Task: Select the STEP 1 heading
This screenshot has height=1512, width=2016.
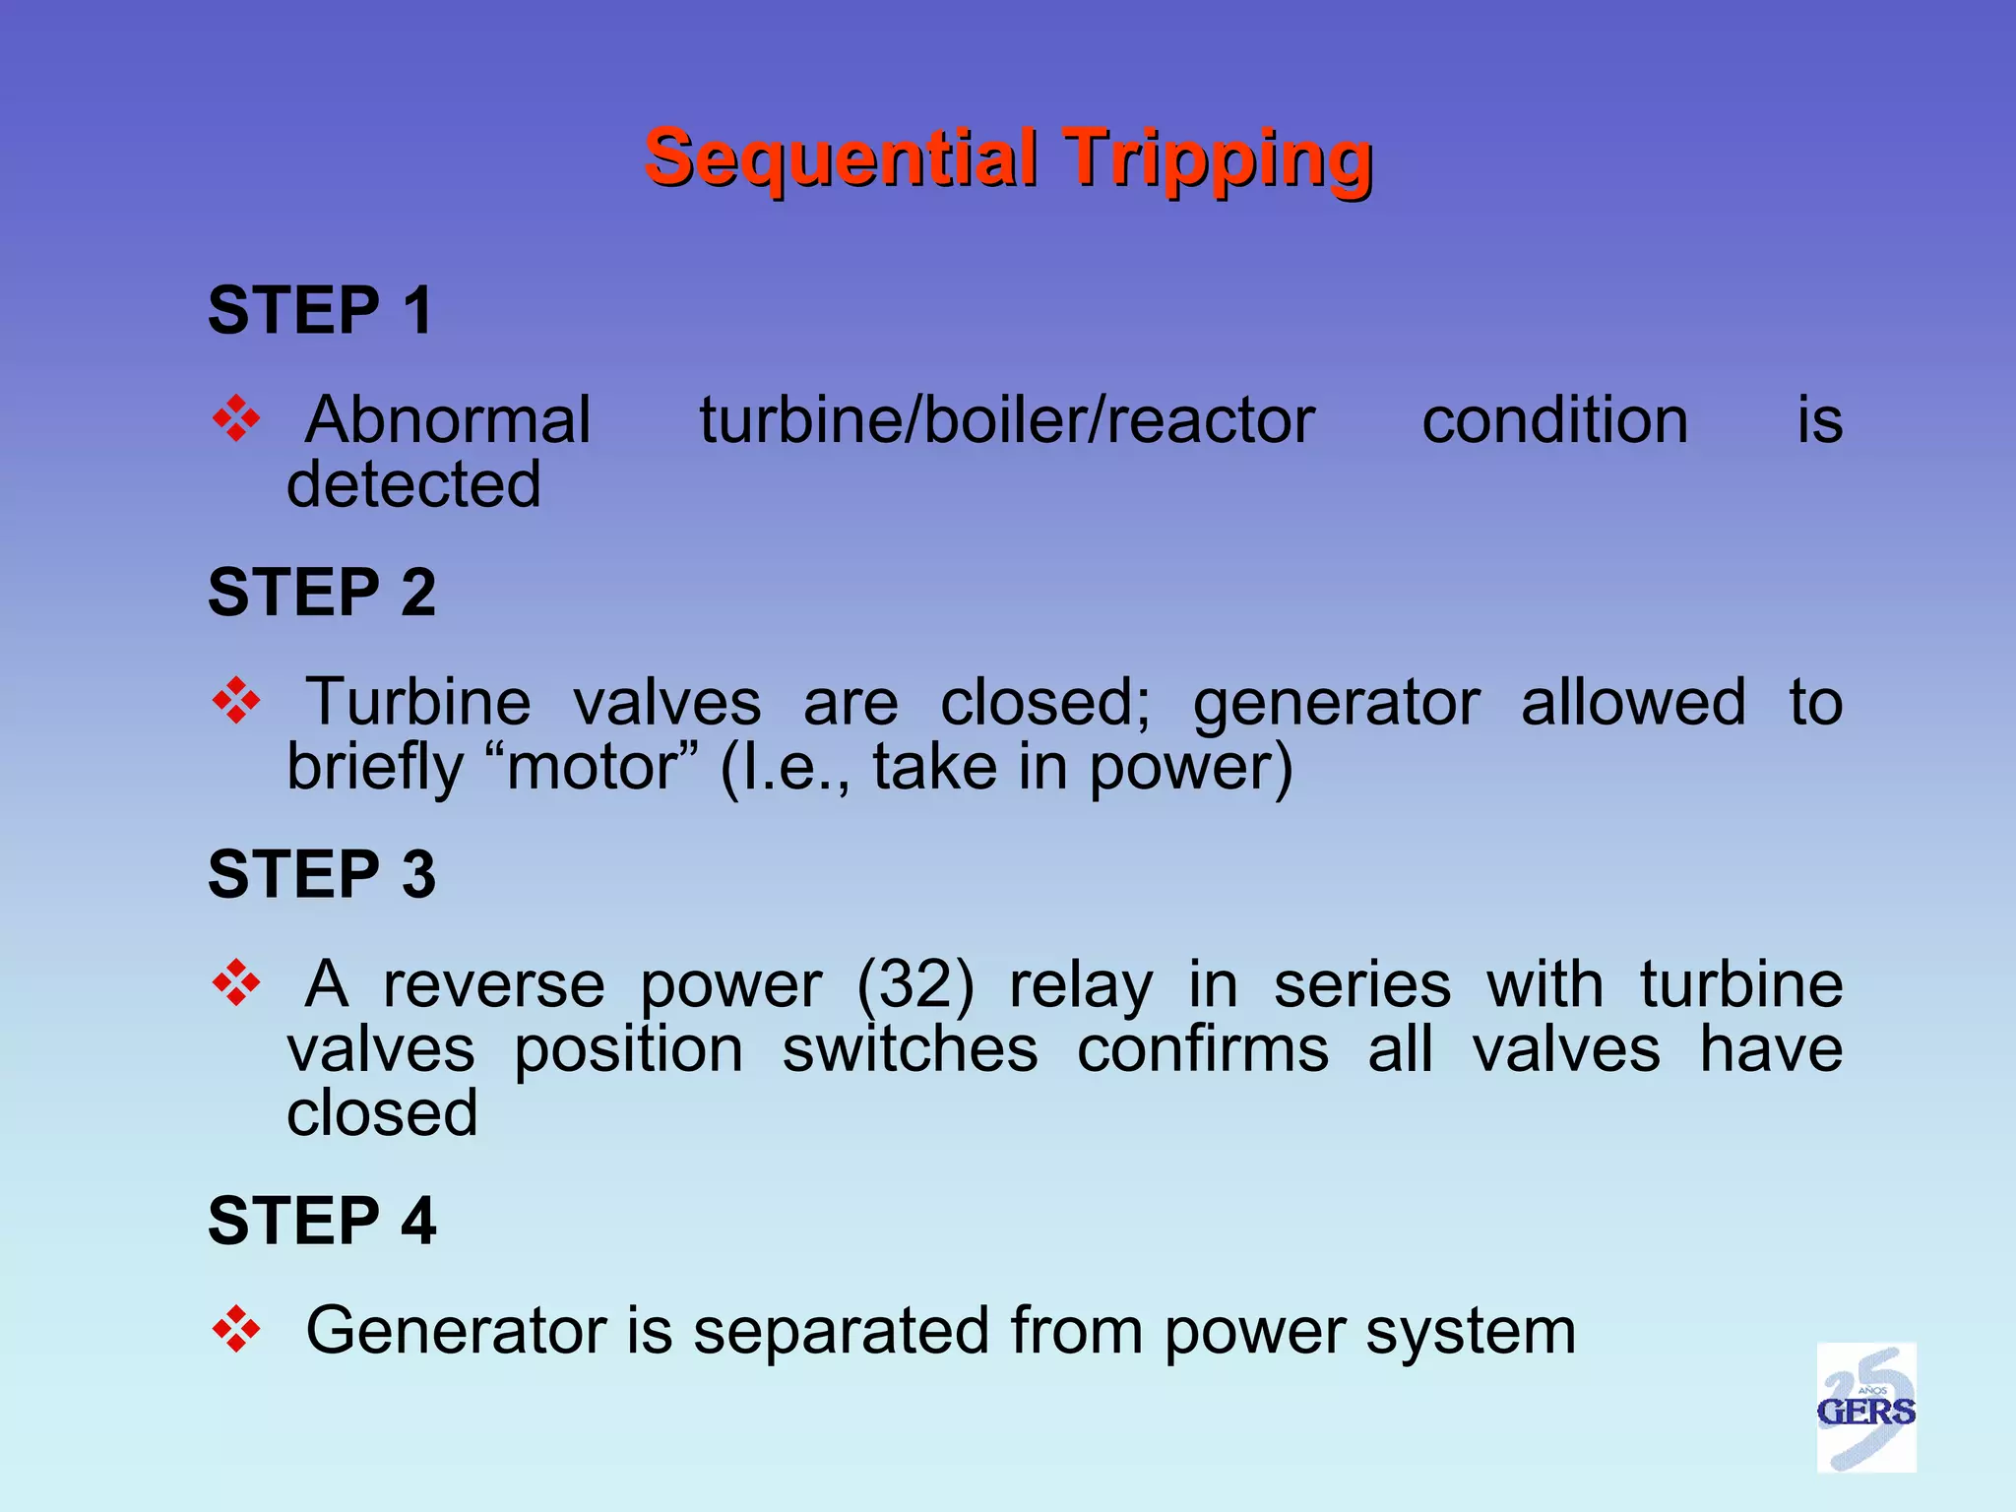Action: pyautogui.click(x=320, y=311)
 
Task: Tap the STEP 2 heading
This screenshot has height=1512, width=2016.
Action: pyautogui.click(x=321, y=593)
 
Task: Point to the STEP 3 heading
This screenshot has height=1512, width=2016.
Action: pyautogui.click(x=321, y=874)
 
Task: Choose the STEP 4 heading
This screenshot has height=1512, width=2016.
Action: pyautogui.click(x=321, y=1221)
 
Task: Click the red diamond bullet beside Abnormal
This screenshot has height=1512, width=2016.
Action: pyautogui.click(x=236, y=419)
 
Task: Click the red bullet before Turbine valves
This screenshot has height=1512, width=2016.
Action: pyautogui.click(x=236, y=701)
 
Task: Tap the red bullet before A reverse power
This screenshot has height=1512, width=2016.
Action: pyautogui.click(x=236, y=982)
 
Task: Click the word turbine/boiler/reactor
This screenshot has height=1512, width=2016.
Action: pyautogui.click(x=1006, y=421)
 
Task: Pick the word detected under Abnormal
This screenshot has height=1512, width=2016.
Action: pyautogui.click(x=413, y=484)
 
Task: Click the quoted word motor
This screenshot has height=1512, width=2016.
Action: pyautogui.click(x=592, y=768)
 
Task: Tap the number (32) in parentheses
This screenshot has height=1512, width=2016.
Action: pyautogui.click(x=915, y=984)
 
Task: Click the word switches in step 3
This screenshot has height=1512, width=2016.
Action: pyautogui.click(x=910, y=1049)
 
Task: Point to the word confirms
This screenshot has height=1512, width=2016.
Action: pyautogui.click(x=1202, y=1049)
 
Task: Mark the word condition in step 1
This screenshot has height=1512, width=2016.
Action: pyautogui.click(x=1554, y=421)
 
